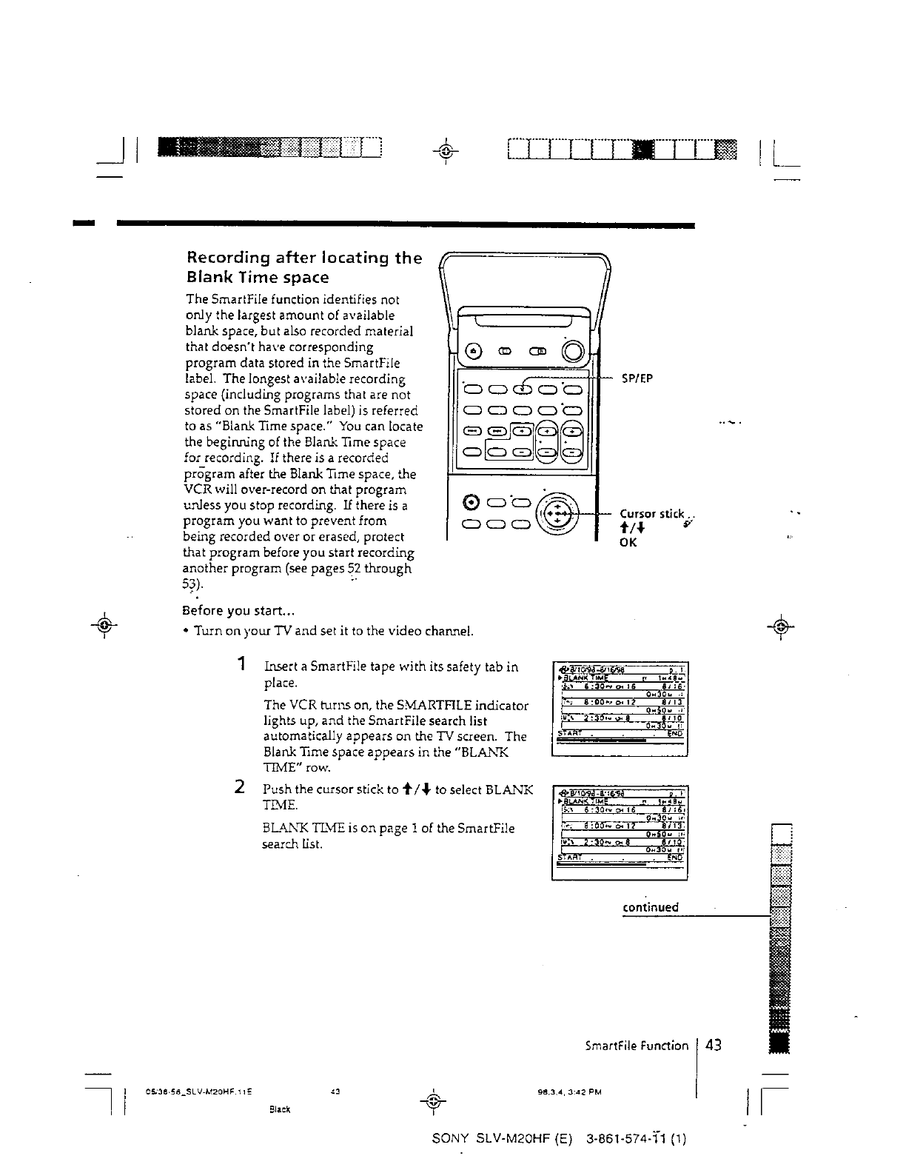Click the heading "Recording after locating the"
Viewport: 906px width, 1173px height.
pyautogui.click(x=303, y=258)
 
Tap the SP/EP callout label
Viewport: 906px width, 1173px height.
pyautogui.click(x=637, y=378)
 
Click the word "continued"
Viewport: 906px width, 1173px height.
pyautogui.click(x=650, y=907)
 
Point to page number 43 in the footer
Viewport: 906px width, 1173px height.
pyautogui.click(x=714, y=1045)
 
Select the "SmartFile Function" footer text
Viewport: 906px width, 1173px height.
pyautogui.click(x=637, y=1046)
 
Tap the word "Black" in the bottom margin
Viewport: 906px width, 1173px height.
pyautogui.click(x=278, y=1109)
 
